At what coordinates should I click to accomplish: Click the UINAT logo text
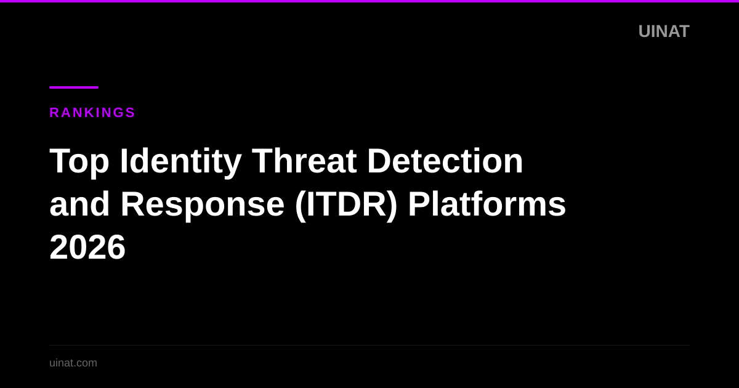(663, 31)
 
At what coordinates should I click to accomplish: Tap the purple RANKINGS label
(92, 113)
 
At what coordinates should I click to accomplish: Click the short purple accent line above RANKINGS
(74, 87)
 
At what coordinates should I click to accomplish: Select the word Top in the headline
(79, 161)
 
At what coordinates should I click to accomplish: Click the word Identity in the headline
(180, 161)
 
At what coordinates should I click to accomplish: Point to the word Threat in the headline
(304, 161)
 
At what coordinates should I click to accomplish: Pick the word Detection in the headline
(445, 161)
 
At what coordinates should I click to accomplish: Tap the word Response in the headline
(202, 204)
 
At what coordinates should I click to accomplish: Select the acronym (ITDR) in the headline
(346, 204)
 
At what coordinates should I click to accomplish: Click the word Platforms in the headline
(487, 204)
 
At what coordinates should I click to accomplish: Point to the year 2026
(87, 248)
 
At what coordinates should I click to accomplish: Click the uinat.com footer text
(73, 363)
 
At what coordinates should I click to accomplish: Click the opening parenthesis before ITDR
(300, 205)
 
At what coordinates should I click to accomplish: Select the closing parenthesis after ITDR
(392, 205)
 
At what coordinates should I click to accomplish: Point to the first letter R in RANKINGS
(54, 113)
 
